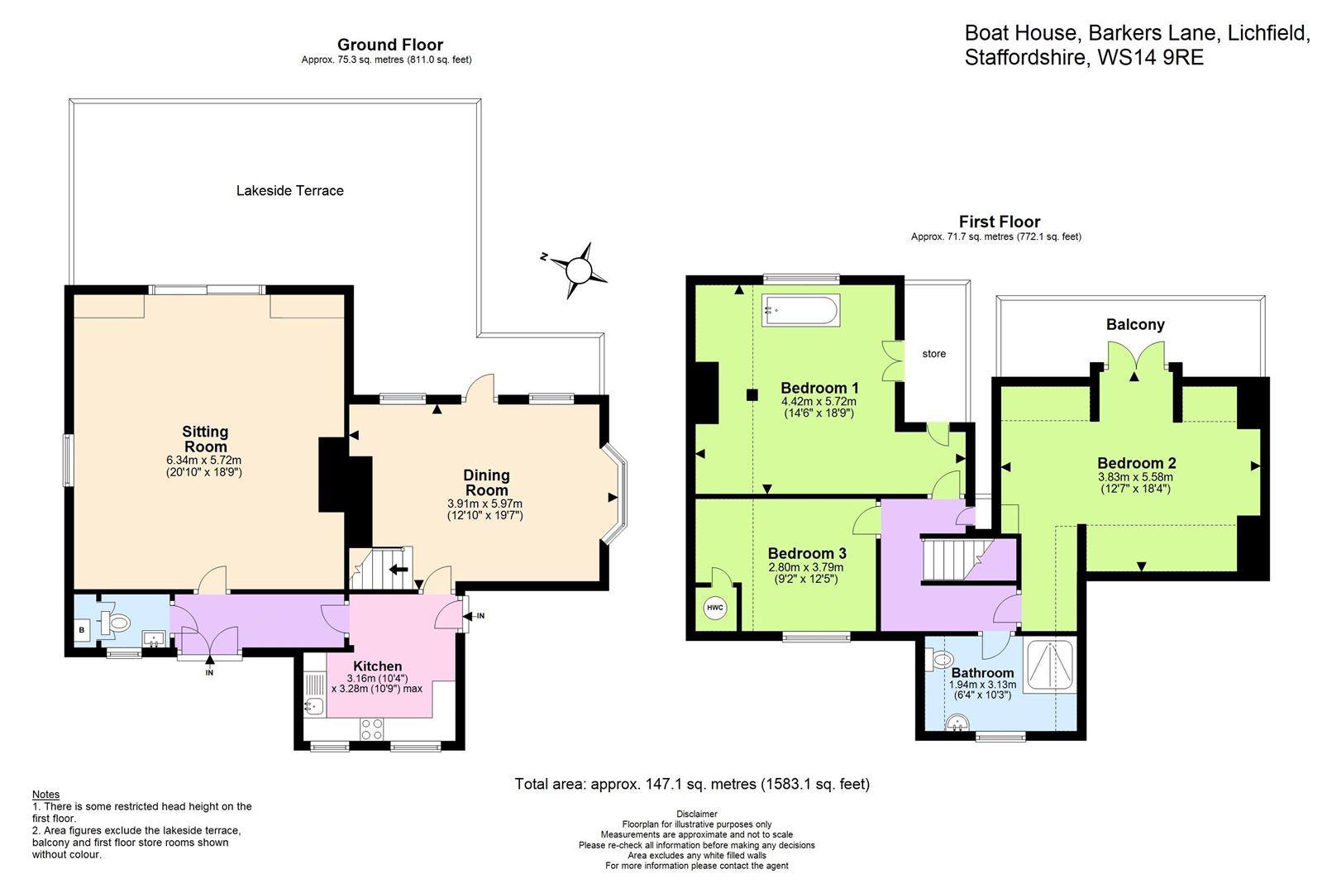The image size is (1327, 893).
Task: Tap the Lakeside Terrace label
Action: (289, 191)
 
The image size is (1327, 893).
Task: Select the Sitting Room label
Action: (205, 439)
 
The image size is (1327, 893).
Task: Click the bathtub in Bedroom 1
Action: (801, 311)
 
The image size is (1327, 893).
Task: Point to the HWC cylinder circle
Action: (714, 609)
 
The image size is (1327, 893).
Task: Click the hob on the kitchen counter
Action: (372, 729)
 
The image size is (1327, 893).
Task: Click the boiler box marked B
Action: (81, 630)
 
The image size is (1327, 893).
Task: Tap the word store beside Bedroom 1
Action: (933, 354)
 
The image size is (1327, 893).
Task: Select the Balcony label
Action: (1134, 325)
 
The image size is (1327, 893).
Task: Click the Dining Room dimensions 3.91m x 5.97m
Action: (485, 504)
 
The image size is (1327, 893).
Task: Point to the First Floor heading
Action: (999, 222)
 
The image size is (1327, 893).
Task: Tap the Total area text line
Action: (691, 784)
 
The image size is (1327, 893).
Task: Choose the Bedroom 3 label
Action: (806, 553)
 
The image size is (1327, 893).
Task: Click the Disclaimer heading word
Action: (696, 814)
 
